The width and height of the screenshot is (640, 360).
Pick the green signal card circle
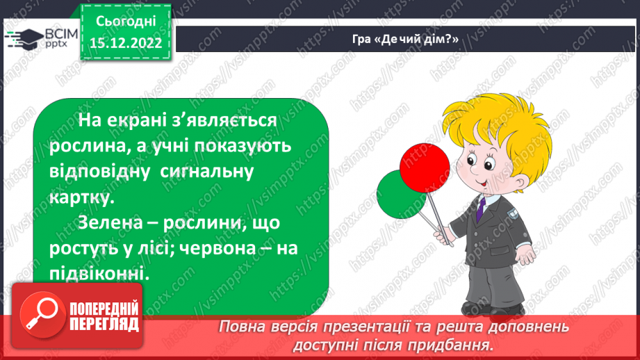pos(400,195)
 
